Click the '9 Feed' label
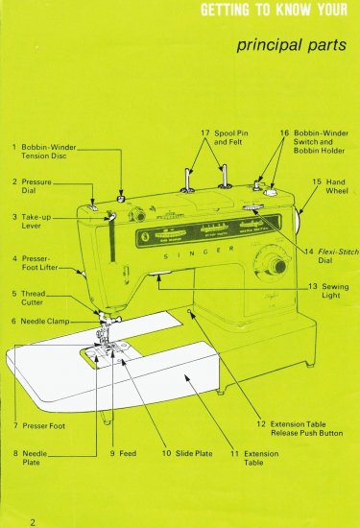click(x=123, y=452)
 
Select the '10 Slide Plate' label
click(x=177, y=452)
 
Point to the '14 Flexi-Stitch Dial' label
click(x=326, y=255)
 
